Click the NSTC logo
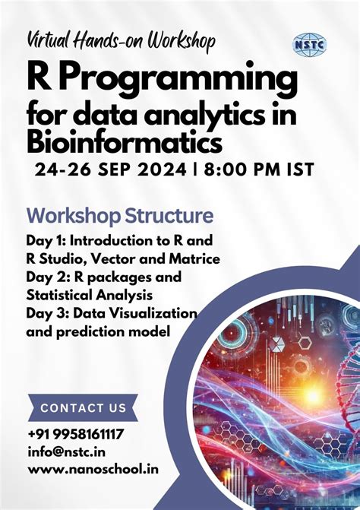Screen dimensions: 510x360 coord(309,44)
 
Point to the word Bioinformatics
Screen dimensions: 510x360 coord(125,142)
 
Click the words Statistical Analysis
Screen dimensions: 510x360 coord(90,294)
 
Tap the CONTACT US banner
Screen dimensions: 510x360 coord(84,408)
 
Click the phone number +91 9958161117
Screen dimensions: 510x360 coord(76,435)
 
